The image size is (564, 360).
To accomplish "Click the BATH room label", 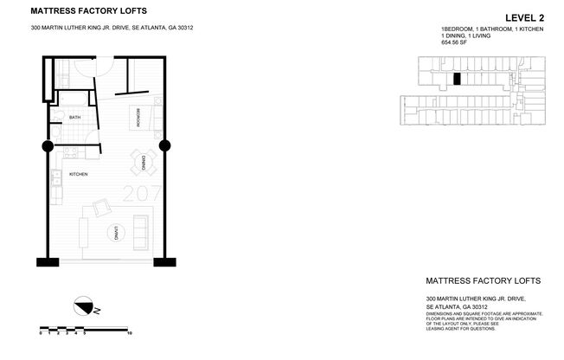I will click(x=75, y=117).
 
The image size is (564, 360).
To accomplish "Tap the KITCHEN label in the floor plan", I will click(x=79, y=174).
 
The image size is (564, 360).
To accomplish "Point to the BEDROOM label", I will click(x=138, y=117).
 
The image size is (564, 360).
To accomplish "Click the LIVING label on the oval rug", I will click(x=115, y=231).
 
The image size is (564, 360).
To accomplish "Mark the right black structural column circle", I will click(x=165, y=145).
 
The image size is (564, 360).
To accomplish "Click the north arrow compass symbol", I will click(x=85, y=305).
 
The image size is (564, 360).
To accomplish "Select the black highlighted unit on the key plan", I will click(x=456, y=80).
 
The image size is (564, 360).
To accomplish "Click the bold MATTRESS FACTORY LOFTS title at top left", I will click(x=82, y=11).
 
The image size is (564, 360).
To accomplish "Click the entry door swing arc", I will click(x=99, y=69).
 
